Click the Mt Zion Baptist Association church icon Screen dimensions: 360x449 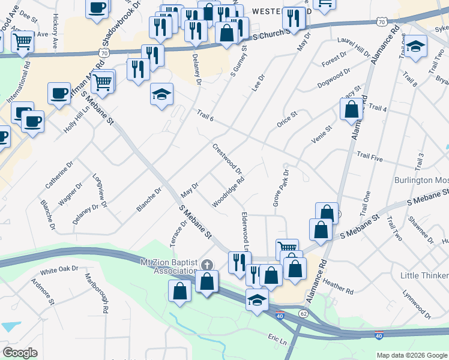pyautogui.click(x=207, y=265)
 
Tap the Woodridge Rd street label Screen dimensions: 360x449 pyautogui.click(x=228, y=192)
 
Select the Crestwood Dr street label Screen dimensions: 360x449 pyautogui.click(x=228, y=159)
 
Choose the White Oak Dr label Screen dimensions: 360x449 pyautogui.click(x=59, y=269)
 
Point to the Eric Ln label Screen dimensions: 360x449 pyautogui.click(x=278, y=340)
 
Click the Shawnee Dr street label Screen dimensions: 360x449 pyautogui.click(x=421, y=233)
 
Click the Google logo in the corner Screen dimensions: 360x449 pyautogui.click(x=20, y=353)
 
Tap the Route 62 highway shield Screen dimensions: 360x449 pyautogui.click(x=303, y=313)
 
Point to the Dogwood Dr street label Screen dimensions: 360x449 pyautogui.click(x=334, y=78)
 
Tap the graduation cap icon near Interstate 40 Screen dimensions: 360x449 pyautogui.click(x=257, y=299)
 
